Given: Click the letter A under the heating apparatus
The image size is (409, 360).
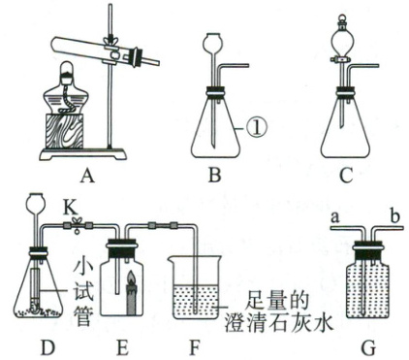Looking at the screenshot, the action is pyautogui.click(x=87, y=176).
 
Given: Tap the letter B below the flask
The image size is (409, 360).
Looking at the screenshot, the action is pyautogui.click(x=214, y=176).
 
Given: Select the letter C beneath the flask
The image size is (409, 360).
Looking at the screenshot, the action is pyautogui.click(x=346, y=176).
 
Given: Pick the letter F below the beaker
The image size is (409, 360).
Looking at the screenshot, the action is pyautogui.click(x=195, y=347).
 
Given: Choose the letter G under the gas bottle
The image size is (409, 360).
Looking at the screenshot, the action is pyautogui.click(x=368, y=348).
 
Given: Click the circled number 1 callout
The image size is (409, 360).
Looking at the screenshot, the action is pyautogui.click(x=257, y=128).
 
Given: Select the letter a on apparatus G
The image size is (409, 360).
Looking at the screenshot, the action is pyautogui.click(x=335, y=217).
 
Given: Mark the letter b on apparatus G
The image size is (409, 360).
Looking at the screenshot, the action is pyautogui.click(x=394, y=215).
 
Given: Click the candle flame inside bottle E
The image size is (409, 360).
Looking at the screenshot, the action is pyautogui.click(x=132, y=278).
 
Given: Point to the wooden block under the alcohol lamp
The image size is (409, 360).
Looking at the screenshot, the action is pyautogui.click(x=64, y=131).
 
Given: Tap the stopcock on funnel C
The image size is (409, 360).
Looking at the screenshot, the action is pyautogui.click(x=340, y=59).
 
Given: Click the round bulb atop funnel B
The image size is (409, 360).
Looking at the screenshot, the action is pyautogui.click(x=212, y=44).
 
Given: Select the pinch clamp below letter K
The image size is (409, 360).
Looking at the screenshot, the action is pyautogui.click(x=77, y=226).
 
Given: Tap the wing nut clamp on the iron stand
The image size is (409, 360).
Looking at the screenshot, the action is pyautogui.click(x=110, y=41).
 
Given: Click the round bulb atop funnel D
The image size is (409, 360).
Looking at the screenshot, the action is pyautogui.click(x=38, y=201).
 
